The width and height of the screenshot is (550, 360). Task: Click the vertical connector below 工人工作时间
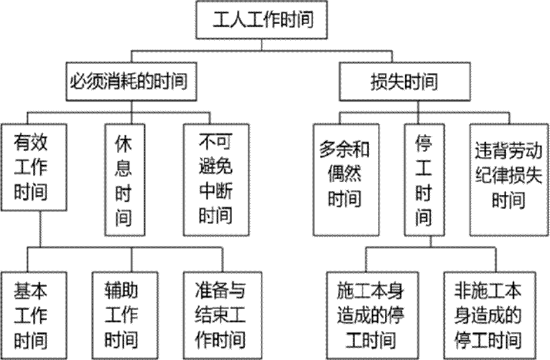(262, 45)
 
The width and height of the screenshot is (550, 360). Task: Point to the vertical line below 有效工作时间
(41, 229)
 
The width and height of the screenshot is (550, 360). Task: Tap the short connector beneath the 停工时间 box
(431, 241)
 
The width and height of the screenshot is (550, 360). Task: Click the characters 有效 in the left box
(30, 143)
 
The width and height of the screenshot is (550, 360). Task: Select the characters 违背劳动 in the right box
(509, 150)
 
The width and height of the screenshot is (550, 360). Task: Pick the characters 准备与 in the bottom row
(220, 291)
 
